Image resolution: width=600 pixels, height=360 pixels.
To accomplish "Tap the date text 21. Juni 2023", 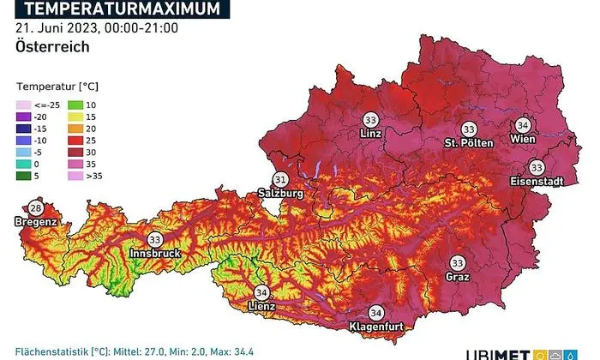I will click(53, 28).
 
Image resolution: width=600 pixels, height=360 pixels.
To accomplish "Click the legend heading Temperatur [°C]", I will click(57, 87).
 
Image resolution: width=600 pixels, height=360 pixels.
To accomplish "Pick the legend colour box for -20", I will click(22, 116).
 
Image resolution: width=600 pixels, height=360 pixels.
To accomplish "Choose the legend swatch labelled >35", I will click(75, 177).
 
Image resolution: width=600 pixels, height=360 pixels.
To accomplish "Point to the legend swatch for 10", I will click(75, 103).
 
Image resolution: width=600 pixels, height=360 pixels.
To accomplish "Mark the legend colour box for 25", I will click(75, 140).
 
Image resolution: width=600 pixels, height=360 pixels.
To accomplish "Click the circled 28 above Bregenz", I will click(36, 208).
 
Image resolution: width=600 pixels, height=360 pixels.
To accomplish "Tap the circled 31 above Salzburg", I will click(281, 179).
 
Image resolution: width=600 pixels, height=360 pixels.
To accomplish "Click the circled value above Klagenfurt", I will click(375, 313).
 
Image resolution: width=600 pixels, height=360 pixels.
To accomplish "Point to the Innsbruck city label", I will click(156, 255).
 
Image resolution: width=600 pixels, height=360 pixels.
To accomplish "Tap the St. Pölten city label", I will click(469, 142).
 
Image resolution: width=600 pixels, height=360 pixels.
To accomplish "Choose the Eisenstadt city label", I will click(536, 182).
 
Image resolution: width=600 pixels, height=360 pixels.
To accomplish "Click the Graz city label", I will click(457, 277).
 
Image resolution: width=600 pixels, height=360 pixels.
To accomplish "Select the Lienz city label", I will click(261, 306).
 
